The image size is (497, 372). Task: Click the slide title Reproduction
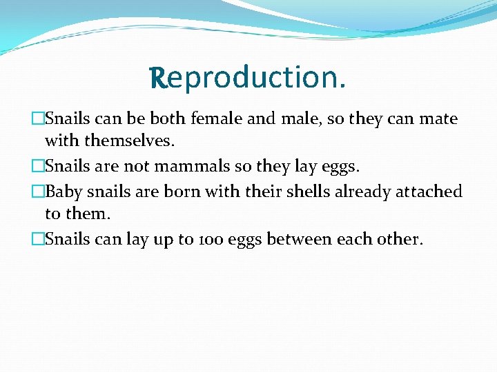pos(248,79)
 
